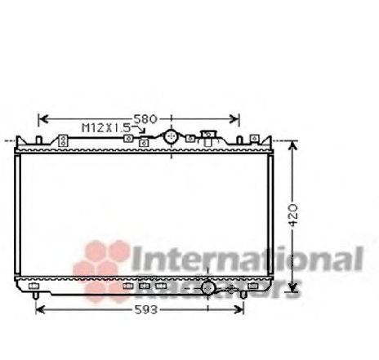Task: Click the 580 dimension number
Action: (145, 119)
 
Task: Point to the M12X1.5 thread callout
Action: (105, 128)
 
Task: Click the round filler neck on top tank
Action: (171, 137)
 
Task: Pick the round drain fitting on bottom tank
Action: (208, 288)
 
